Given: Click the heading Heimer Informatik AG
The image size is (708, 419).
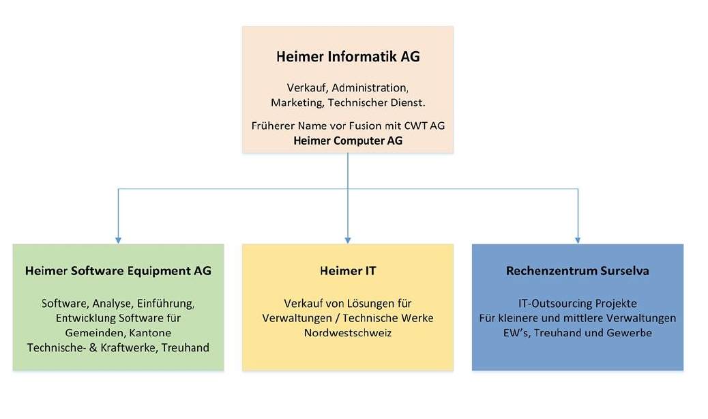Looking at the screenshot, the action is click(x=348, y=57).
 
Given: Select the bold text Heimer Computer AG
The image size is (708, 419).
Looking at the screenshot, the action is click(x=348, y=141).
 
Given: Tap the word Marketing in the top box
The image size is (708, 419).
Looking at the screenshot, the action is click(x=297, y=103).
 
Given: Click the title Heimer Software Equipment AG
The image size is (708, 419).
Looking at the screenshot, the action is click(x=118, y=271).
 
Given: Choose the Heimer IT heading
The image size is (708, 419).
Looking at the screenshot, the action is click(x=348, y=271).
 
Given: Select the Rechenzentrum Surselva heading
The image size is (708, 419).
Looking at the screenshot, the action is click(x=578, y=271).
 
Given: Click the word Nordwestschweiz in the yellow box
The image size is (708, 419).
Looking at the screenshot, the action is click(x=348, y=333).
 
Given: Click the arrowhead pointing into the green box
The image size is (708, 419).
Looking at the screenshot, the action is click(x=118, y=241).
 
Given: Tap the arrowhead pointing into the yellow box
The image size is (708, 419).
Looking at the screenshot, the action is click(x=348, y=241).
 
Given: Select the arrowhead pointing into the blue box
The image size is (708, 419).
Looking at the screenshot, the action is click(x=578, y=241).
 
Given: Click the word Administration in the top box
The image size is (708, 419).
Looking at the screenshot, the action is click(x=370, y=88).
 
